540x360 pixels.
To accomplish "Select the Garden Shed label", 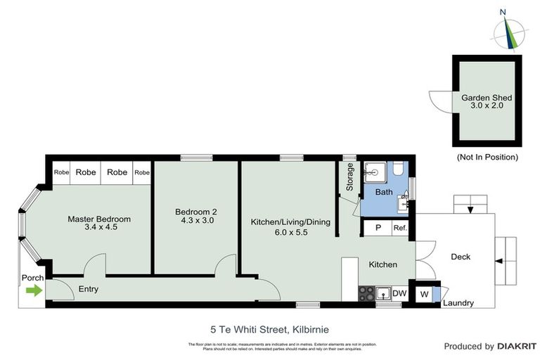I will click(486, 98).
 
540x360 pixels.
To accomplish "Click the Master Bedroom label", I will click(99, 219).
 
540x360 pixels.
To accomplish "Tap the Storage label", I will click(350, 177).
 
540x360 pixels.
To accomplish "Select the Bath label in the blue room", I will click(384, 192).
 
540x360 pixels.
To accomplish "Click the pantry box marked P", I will click(378, 228).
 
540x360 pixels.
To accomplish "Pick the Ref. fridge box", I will click(400, 228).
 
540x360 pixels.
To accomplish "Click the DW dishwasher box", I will click(399, 293).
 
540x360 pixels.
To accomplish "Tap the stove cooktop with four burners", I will click(366, 293).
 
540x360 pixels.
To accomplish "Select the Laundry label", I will click(458, 304).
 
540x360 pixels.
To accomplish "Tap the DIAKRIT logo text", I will click(517, 346).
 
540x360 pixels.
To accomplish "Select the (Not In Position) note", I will click(487, 157).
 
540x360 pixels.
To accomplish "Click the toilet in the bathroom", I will click(398, 169).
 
